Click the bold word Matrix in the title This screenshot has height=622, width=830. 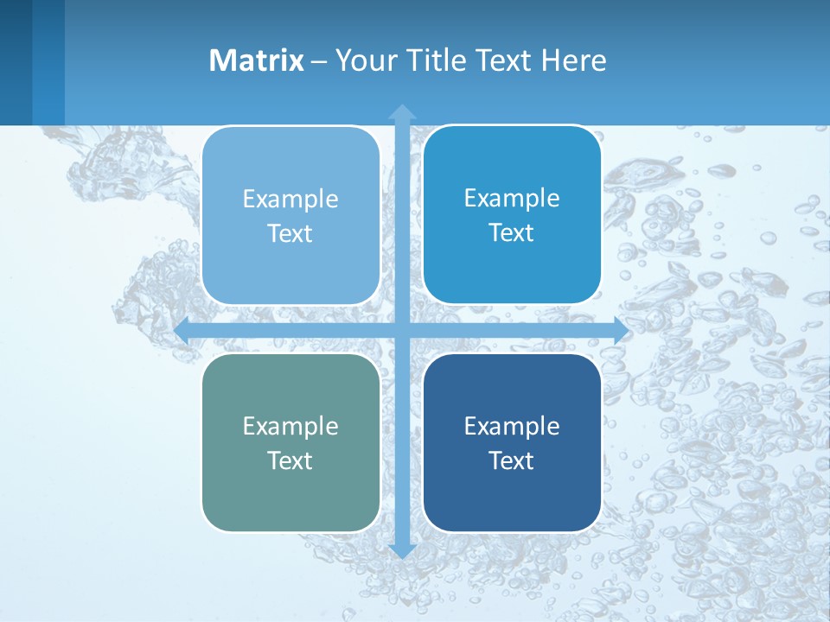257,60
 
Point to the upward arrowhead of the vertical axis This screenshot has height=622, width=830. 402,111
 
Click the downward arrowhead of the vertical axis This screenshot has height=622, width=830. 402,550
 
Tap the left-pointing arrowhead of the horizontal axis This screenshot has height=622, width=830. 182,331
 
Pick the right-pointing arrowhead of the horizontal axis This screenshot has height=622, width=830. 621,331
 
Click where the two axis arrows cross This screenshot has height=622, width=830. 402,331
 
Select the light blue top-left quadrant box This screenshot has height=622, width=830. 290,268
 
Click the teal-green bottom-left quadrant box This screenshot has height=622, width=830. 290,492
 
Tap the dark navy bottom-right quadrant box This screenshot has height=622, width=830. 512,492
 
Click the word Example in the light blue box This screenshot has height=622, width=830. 290,199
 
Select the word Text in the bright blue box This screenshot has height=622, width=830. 512,233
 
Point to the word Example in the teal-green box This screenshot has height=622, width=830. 290,426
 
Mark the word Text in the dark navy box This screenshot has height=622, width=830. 512,460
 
